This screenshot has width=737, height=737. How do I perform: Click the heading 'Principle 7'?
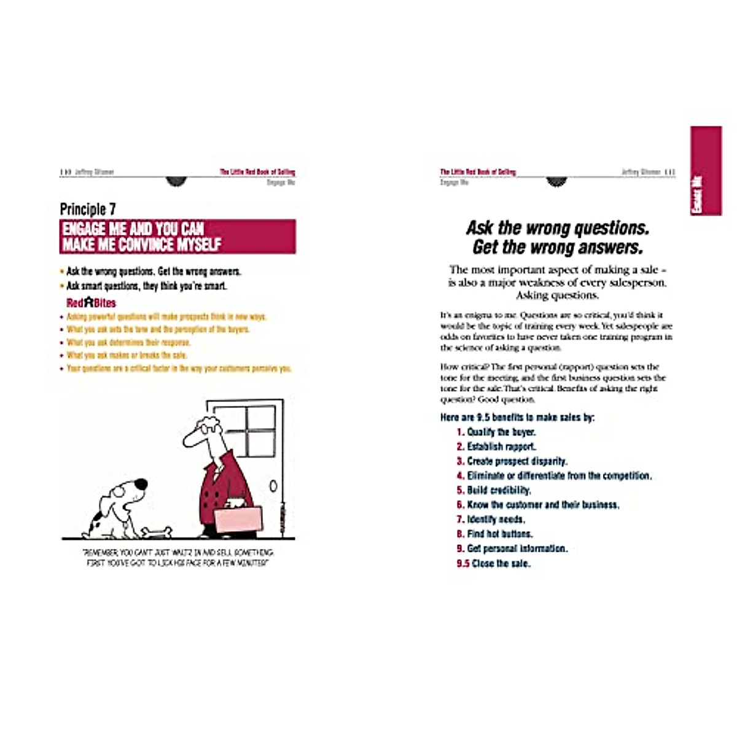(x=88, y=209)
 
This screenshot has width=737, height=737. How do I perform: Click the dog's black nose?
(x=141, y=484)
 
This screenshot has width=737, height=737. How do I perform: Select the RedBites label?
(x=91, y=303)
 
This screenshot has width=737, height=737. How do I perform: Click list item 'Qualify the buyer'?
(x=501, y=432)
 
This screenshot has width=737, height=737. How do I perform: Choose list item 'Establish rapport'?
(x=501, y=446)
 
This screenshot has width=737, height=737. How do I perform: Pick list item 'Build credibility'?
(x=499, y=490)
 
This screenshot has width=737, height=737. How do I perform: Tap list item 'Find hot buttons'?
(x=500, y=534)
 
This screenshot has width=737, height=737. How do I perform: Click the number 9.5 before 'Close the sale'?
(x=463, y=563)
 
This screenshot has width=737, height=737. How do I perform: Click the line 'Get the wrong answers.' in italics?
(x=558, y=248)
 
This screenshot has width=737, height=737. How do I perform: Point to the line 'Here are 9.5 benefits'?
(x=517, y=417)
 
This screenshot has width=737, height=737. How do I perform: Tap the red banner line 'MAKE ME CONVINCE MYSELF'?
(x=142, y=244)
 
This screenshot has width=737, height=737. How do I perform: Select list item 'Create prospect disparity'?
(x=517, y=461)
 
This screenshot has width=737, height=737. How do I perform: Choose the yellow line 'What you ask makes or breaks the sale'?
(x=127, y=355)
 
